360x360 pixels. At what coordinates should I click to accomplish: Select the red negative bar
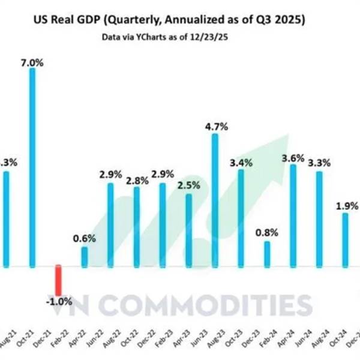[58, 279]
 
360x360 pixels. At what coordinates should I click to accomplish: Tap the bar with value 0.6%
[84, 256]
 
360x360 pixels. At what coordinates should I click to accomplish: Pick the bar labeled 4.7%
[215, 199]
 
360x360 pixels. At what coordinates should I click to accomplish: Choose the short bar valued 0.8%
[266, 253]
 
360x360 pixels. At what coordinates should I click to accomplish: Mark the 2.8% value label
[136, 179]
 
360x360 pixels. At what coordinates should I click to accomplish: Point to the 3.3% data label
[318, 163]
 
